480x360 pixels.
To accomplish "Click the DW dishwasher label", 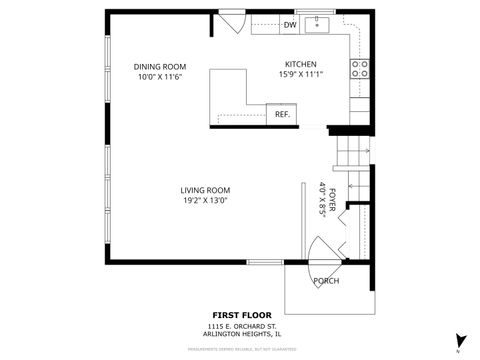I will [x=290, y=25].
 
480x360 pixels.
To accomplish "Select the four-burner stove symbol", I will [x=359, y=68].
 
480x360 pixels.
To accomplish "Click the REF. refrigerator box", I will [x=282, y=114].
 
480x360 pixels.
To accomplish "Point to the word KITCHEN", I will [x=301, y=63].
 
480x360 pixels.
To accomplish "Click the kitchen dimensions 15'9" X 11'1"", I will [x=301, y=73].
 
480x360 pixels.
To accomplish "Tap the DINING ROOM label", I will [x=160, y=67].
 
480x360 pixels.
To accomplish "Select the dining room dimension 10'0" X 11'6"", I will [x=160, y=77].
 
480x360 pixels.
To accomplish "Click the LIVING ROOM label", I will [x=205, y=190].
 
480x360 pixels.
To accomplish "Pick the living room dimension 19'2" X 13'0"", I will [x=205, y=200].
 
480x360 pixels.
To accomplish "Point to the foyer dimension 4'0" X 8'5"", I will [x=321, y=198].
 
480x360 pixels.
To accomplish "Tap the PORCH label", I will [x=326, y=281].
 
